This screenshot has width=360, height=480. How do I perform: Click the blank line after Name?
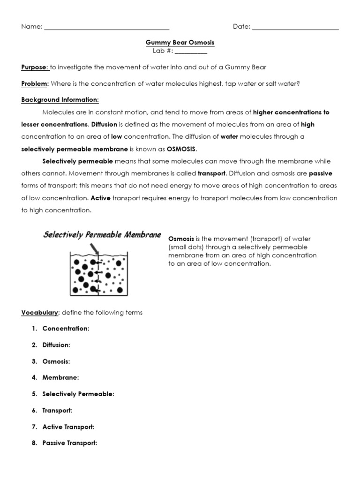[x=106, y=28]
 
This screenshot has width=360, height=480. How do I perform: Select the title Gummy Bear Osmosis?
[x=180, y=43]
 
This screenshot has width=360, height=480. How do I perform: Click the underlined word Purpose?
[x=35, y=67]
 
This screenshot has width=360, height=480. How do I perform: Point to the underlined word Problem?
[x=35, y=83]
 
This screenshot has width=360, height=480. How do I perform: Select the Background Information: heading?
[x=60, y=100]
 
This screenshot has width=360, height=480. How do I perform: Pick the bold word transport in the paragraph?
[x=211, y=173]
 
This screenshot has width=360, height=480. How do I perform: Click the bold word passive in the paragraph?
[x=320, y=173]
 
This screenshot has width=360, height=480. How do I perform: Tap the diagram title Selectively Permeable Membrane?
[x=102, y=234]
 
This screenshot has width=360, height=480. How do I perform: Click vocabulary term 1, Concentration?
[x=66, y=329]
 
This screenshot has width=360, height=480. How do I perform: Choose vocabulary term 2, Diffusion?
[x=56, y=345]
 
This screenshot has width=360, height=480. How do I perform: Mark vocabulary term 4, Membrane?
[x=60, y=377]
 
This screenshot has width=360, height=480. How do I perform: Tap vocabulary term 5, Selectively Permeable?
[x=78, y=394]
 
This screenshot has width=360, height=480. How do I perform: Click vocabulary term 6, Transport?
[x=57, y=410]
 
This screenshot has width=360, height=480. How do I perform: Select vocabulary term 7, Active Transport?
[x=68, y=427]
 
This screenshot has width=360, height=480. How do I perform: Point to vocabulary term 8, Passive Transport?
[x=70, y=443]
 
